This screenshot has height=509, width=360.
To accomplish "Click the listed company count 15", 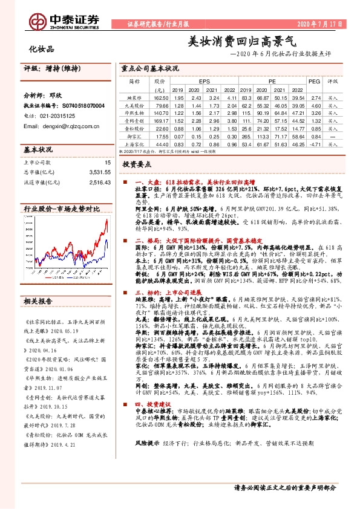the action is (106, 162).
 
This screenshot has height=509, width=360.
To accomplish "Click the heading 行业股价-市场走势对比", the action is (61, 209).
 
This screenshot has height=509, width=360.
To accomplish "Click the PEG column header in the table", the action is (314, 80).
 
